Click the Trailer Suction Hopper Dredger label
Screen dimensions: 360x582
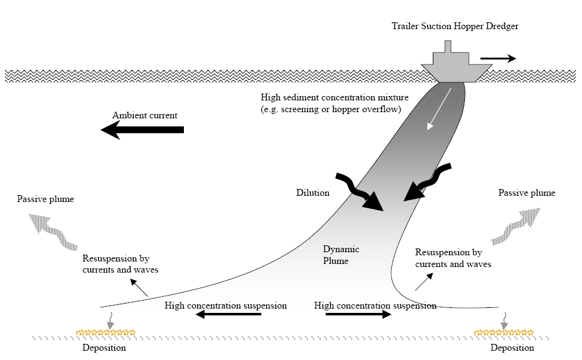point(455,26)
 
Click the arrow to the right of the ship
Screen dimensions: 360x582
point(498,59)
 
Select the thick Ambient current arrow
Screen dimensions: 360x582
point(143,130)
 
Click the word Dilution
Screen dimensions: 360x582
point(313,193)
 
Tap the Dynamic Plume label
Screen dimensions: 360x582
point(341,255)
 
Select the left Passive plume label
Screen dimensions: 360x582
point(45,199)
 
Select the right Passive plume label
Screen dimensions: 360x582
point(527,193)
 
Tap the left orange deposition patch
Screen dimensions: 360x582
point(106,333)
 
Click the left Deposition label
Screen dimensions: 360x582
point(104,348)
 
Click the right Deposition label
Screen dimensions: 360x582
point(512,348)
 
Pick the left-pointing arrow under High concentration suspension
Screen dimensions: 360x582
point(228,315)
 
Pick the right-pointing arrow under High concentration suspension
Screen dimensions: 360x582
point(358,315)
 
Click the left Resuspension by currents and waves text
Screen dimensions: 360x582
point(120,264)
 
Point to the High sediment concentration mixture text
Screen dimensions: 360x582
point(331,103)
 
